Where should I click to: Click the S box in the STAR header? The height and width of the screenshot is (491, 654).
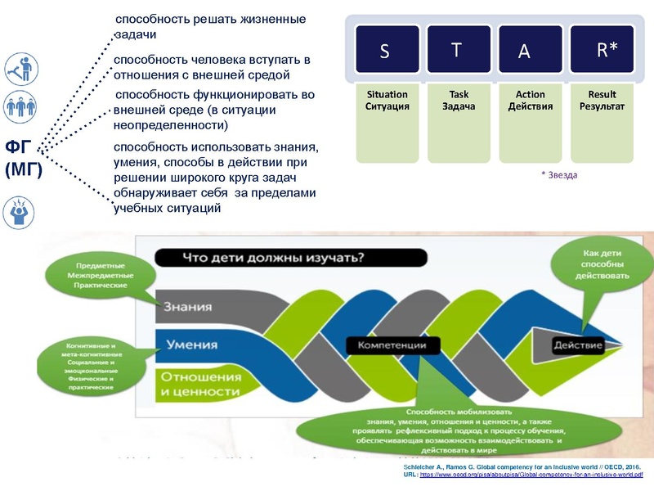(383, 51)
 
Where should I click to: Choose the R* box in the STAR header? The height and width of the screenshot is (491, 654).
(606, 51)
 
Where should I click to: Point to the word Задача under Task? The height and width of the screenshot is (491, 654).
(459, 107)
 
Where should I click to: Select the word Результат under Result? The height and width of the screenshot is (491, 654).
(602, 107)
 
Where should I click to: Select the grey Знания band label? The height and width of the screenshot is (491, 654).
(187, 307)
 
